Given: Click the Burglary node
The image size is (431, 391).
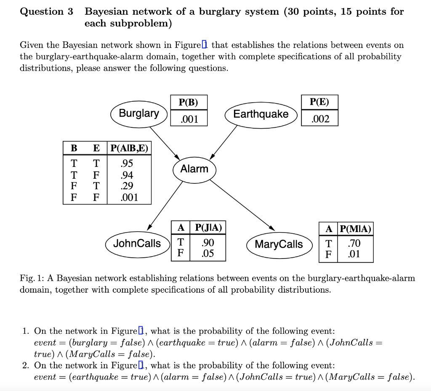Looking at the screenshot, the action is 139,114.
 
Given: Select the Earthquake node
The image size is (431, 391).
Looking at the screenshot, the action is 261,114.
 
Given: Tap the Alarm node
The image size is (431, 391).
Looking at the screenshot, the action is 194,169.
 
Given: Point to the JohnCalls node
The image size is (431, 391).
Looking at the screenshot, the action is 137,244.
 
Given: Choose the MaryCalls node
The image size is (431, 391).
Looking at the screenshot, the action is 279,244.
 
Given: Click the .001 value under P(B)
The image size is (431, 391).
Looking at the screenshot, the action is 189,119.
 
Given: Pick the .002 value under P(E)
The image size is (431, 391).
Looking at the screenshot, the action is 319,119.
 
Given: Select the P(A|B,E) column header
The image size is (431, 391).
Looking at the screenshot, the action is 129,148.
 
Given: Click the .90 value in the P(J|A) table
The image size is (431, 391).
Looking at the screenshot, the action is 208,243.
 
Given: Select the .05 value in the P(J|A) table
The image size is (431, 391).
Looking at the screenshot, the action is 208,253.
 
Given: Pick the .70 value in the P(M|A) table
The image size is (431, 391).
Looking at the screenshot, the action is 354,243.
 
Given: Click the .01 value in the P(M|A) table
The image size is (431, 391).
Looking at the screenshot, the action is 354,254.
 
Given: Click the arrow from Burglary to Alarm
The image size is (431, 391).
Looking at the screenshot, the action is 165,141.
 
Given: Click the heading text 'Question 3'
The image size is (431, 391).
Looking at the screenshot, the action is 46,12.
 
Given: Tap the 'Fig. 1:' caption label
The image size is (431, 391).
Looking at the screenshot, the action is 32,278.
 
